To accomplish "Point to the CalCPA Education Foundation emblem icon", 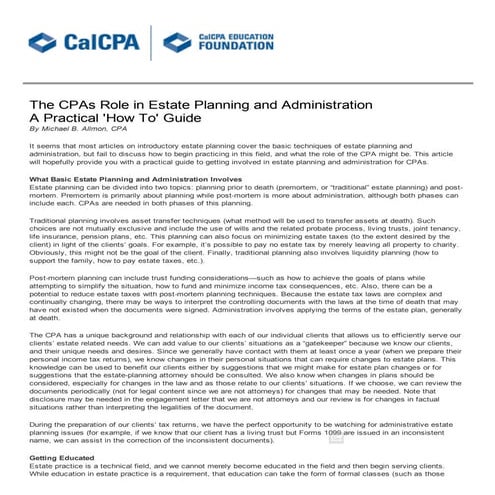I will [x=175, y=42].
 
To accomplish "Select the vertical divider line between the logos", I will [x=149, y=43].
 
